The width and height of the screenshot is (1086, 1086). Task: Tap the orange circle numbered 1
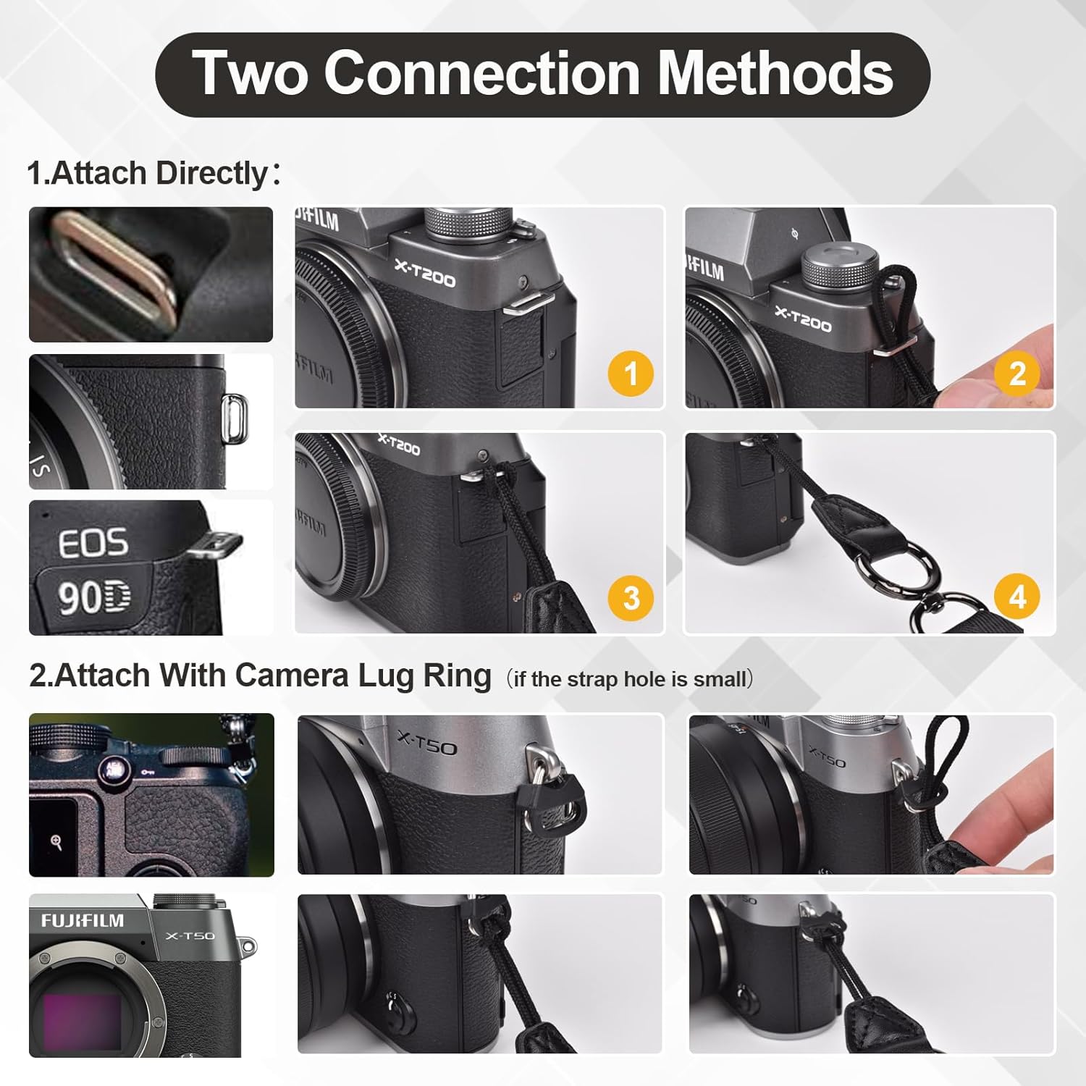coord(631,374)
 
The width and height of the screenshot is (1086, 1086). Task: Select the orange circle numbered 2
coord(1017,374)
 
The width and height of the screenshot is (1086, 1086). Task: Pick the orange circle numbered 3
coord(631,598)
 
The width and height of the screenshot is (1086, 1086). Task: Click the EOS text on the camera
coord(93,543)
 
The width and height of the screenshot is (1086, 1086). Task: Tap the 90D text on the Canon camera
coord(94,598)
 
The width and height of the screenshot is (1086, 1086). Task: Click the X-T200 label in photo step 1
coord(425,273)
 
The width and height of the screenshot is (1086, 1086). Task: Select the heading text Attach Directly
coord(159,174)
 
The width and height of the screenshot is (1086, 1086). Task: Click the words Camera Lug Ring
coord(362,675)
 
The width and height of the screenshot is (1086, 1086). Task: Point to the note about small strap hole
coord(630,679)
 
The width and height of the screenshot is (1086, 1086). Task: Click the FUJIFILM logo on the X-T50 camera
coord(82,921)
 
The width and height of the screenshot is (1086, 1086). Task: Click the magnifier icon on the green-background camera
coord(56,842)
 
